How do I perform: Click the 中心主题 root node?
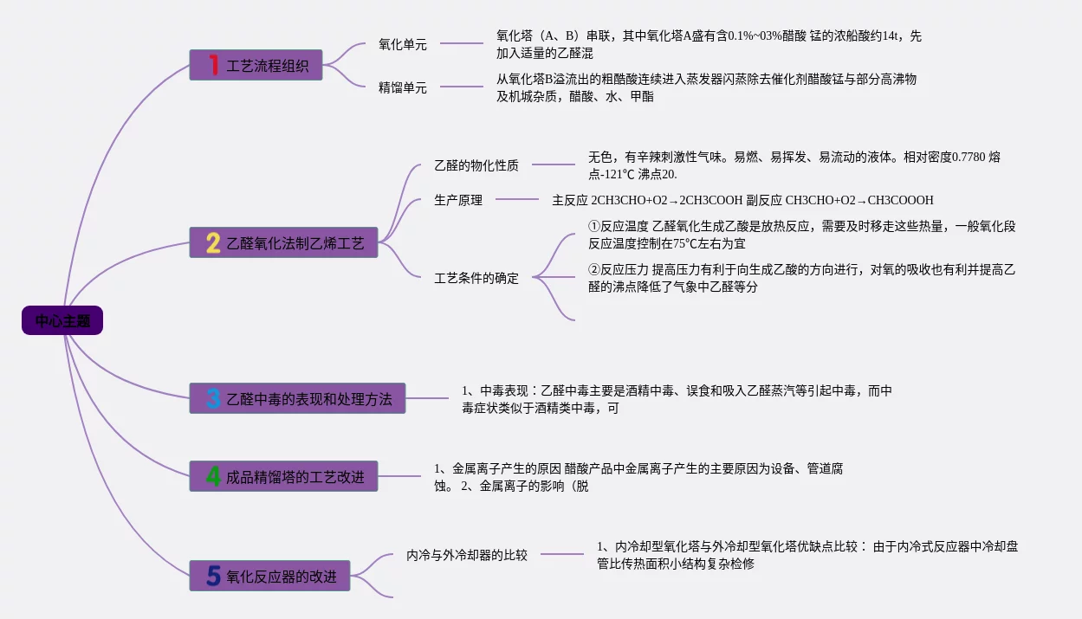click(x=62, y=321)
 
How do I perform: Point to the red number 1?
click(x=213, y=64)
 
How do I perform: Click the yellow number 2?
click(x=213, y=243)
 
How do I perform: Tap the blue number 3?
click(x=213, y=399)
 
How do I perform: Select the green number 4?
click(x=213, y=476)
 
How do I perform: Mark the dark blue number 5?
click(x=213, y=576)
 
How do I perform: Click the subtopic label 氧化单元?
click(x=403, y=44)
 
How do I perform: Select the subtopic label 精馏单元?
click(x=403, y=87)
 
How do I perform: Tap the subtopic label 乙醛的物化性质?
click(x=476, y=165)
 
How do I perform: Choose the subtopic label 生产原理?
click(x=458, y=200)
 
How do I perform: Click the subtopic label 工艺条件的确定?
click(x=476, y=278)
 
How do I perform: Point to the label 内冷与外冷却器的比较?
click(x=467, y=555)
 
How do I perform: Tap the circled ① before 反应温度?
click(x=594, y=227)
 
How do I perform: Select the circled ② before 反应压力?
click(x=594, y=270)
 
